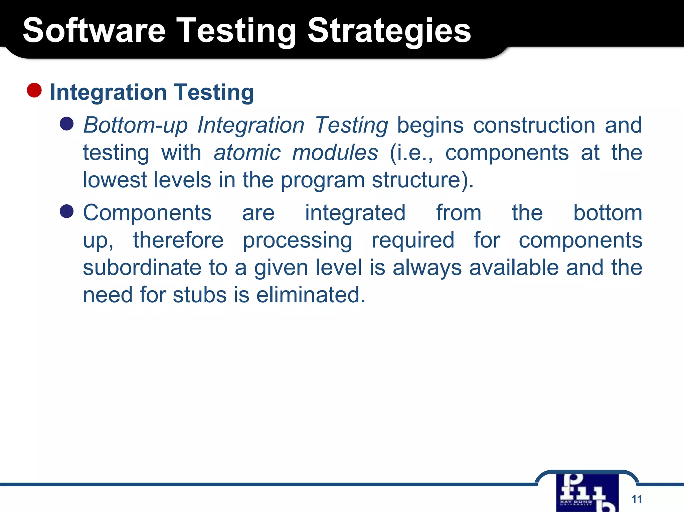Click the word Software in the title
94,31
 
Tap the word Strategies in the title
389,31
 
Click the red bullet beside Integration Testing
34,91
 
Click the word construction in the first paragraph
534,125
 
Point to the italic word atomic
247,153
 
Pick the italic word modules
335,153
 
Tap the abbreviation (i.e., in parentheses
411,153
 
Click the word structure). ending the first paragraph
422,180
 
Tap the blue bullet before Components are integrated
66,211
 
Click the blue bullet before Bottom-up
66,124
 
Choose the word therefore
178,240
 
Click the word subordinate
142,268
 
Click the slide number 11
637,499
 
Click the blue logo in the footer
587,493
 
